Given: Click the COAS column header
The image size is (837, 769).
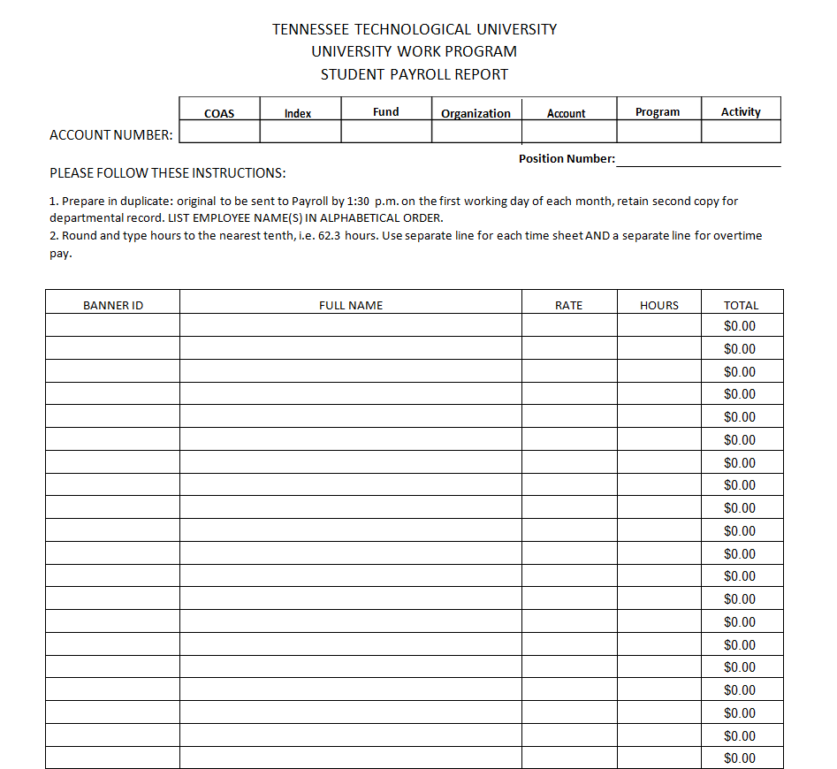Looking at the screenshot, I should [219, 113].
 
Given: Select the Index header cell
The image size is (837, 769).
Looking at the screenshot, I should [298, 113].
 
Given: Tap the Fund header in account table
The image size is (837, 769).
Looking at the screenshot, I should [385, 112].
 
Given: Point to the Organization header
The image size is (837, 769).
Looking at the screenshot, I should [476, 113].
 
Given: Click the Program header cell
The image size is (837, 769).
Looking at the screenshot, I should [658, 112].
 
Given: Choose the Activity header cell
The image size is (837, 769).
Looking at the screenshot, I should [741, 112].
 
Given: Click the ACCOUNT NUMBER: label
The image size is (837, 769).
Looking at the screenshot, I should [111, 135].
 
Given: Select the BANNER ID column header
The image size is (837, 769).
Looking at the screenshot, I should [113, 305].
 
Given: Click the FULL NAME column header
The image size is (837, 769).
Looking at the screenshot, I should [351, 305].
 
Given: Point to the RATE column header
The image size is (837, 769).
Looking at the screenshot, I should [568, 305].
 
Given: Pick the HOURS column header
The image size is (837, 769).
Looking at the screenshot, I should [659, 305].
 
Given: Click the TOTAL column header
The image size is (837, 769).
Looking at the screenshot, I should [741, 305].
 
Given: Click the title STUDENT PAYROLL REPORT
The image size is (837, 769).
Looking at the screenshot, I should [415, 74].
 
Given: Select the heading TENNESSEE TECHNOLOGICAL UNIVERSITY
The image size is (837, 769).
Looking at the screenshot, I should [415, 29].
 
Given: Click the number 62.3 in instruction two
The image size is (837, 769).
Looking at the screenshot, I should [329, 236].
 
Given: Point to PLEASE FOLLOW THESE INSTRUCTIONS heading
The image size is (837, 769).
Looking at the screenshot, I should [168, 172].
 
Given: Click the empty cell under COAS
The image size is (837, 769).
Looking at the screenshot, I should [219, 132].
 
